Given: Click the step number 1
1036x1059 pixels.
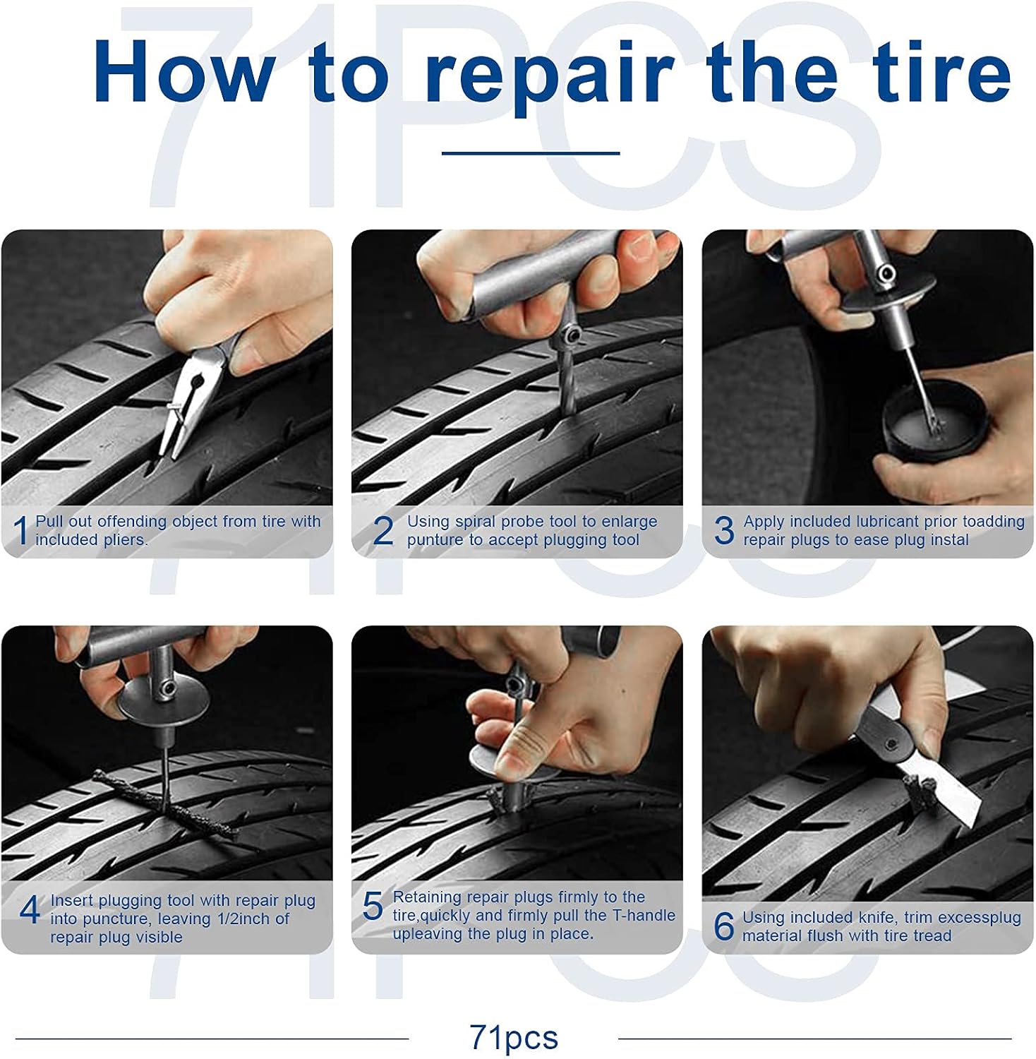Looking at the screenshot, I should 21,531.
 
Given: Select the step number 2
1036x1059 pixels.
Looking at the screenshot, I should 383,531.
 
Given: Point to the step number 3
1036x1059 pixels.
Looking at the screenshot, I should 724,531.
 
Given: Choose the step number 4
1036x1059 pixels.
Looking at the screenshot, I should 29,911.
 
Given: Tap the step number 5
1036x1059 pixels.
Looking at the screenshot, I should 373,906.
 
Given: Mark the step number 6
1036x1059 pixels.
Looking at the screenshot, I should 724,926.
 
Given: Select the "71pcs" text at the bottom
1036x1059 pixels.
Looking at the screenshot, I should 514,1038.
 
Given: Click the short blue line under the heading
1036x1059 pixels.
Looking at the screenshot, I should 531,152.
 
